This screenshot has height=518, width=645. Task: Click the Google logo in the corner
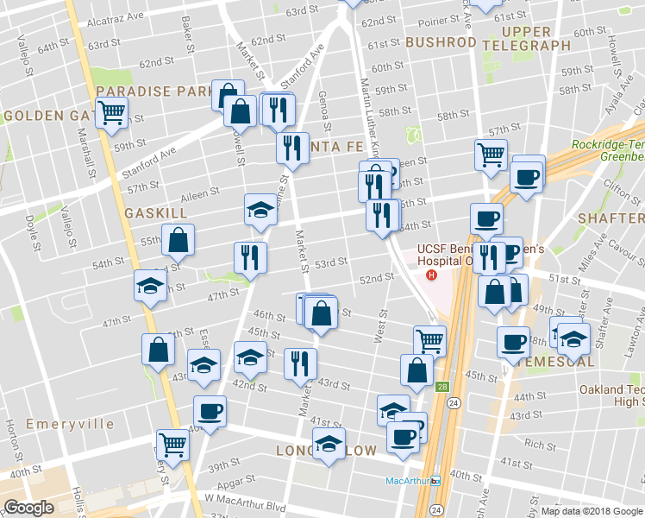click(x=28, y=508)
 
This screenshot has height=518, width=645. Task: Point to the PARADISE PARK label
click(x=154, y=91)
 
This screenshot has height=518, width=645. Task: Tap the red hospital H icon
click(x=431, y=275)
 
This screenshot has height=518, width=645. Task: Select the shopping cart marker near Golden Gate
click(x=112, y=112)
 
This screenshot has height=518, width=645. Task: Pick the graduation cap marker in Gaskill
click(x=260, y=210)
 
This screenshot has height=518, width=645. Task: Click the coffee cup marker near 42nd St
click(x=210, y=410)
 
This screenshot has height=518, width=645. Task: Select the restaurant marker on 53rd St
click(x=250, y=257)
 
